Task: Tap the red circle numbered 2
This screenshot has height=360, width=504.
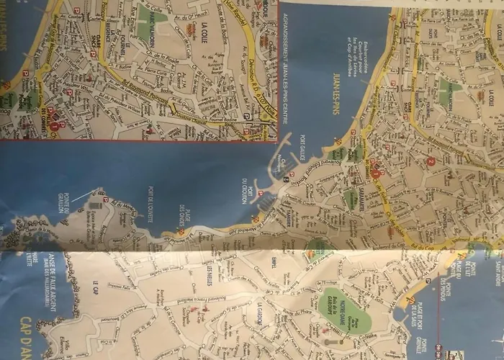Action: point(430,162)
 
